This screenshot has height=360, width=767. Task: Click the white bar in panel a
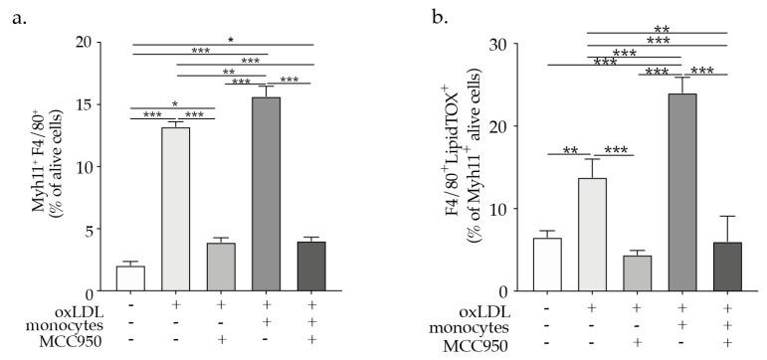(x=130, y=278)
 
